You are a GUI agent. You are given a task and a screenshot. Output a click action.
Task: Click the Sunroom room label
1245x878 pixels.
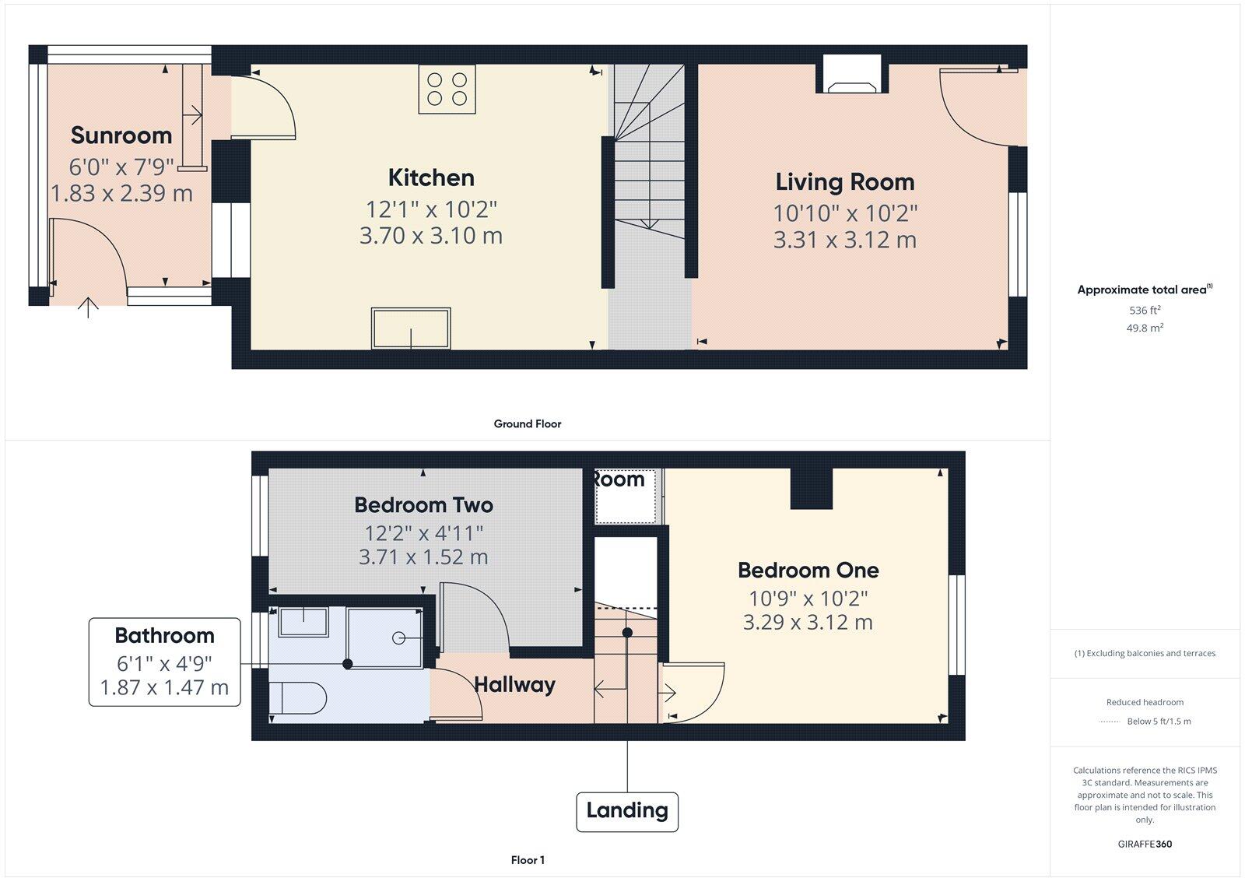point(121,135)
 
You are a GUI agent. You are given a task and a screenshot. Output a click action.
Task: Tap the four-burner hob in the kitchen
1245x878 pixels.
point(447,89)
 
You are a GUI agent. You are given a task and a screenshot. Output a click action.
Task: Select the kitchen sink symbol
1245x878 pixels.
point(411,328)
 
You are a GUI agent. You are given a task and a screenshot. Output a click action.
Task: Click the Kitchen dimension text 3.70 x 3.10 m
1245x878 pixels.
point(430,236)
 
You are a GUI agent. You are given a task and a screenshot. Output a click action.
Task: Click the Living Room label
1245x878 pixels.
point(844,182)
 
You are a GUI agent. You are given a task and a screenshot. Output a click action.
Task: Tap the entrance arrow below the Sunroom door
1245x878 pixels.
point(89,308)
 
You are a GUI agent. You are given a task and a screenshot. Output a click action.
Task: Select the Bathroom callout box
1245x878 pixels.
point(164,662)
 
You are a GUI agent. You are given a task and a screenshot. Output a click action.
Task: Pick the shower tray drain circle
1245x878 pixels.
point(399,638)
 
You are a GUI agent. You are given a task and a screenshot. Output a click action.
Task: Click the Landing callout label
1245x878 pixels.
point(627,811)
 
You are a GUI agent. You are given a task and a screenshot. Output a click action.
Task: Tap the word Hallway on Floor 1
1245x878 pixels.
point(514,685)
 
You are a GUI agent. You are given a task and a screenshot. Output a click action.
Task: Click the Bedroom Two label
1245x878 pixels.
point(423,505)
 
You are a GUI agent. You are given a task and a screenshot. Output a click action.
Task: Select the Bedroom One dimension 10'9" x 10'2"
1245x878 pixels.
point(808,599)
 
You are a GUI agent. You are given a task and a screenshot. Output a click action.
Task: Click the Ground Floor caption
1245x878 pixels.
point(527,424)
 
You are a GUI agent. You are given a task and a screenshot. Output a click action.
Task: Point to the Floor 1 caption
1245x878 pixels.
point(527,860)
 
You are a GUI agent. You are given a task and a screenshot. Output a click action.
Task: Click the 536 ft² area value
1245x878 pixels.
point(1145,311)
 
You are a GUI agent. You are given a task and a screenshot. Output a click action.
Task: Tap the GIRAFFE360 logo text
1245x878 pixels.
point(1145,844)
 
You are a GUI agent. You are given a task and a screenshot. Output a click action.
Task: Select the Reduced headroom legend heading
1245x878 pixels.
point(1145,702)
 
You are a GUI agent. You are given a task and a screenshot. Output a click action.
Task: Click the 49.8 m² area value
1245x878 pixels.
point(1145,328)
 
